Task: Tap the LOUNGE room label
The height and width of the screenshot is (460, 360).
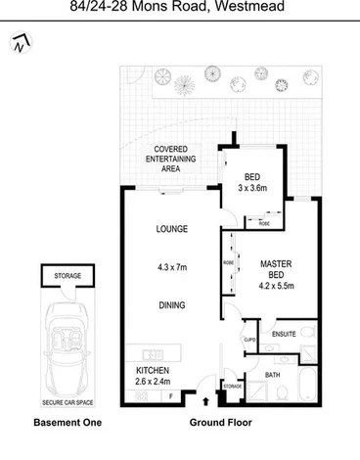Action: [x=171, y=229]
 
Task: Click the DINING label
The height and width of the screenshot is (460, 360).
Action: [x=171, y=305]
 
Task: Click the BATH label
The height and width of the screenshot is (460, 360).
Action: [x=272, y=374]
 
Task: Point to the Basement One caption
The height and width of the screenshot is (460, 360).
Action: [x=67, y=423]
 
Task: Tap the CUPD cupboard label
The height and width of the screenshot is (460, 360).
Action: [x=248, y=340]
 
